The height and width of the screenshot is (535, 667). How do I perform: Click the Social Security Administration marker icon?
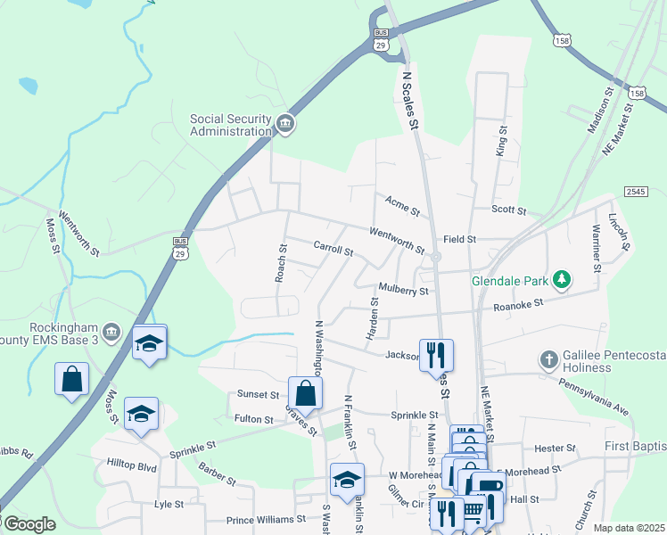click(285, 123)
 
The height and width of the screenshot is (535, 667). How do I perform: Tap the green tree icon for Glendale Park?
click(561, 280)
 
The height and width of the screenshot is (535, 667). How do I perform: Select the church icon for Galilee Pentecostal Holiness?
click(549, 360)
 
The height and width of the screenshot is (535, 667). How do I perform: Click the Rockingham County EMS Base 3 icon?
click(110, 333)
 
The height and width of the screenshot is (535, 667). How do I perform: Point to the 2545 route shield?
click(635, 192)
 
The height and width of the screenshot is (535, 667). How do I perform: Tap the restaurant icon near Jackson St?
click(436, 354)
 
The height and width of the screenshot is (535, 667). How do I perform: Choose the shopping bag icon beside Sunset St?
click(305, 392)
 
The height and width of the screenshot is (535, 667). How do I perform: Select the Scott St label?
click(510, 210)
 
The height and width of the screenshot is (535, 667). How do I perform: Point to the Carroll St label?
click(333, 248)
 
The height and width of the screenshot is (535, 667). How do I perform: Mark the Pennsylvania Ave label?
click(594, 397)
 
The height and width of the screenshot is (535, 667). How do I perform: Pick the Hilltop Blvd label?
click(131, 466)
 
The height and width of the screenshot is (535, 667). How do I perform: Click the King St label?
click(501, 141)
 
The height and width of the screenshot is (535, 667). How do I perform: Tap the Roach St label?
click(282, 262)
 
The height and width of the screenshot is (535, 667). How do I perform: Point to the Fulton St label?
click(254, 419)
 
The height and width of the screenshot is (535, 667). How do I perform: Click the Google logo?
click(29, 524)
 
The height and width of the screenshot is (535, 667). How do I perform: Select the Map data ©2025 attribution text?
click(628, 528)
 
